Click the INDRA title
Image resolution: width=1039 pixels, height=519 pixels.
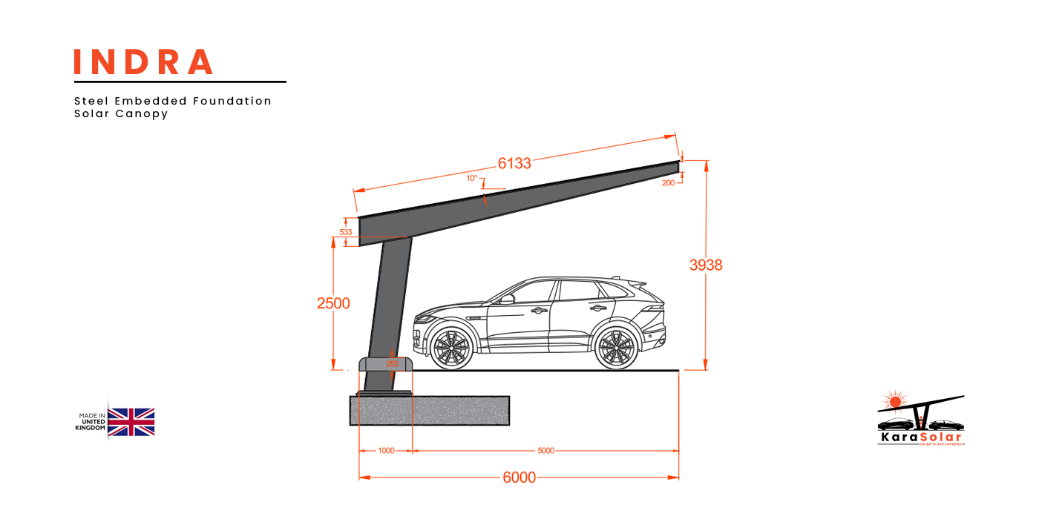coord(143,62)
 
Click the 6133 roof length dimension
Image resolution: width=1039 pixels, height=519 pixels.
coord(514,164)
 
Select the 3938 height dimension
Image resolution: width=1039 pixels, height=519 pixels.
coord(706,265)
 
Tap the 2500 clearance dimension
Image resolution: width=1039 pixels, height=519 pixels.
coord(333,303)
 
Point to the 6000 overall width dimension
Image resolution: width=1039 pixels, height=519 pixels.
coord(519,477)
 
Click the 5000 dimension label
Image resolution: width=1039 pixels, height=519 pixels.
coord(545,451)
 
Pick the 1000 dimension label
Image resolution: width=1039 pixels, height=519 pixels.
coord(386,451)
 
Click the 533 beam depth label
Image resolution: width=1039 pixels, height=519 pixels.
coord(346,232)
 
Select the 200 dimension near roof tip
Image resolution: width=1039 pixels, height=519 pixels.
coord(668,182)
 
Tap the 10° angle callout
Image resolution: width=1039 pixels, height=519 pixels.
coord(472,179)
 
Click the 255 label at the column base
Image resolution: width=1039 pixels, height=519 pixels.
coord(392,363)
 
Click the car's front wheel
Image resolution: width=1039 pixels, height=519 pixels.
coord(451,348)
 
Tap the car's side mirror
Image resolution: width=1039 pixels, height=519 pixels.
coord(507,299)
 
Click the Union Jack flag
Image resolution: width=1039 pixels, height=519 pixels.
coord(131,421)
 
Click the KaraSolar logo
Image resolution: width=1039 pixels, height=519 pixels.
coord(920,423)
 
